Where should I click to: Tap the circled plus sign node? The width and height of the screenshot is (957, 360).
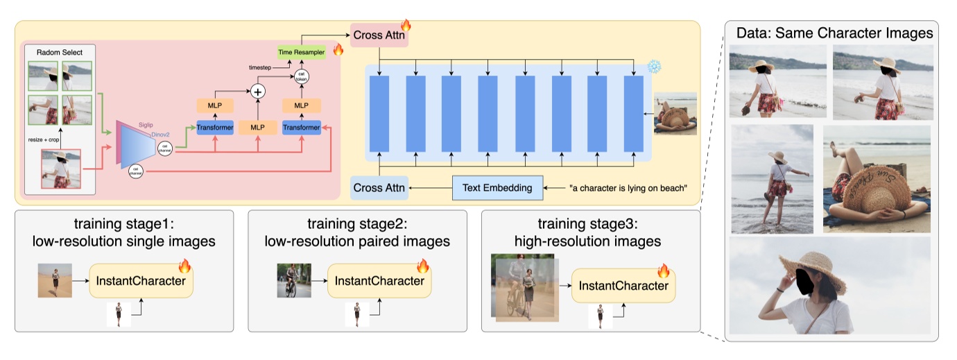click(258, 91)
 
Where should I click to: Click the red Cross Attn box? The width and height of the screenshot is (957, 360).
click(379, 35)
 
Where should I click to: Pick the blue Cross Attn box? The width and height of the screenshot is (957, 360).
click(379, 188)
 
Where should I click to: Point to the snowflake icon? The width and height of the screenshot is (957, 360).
click(654, 67)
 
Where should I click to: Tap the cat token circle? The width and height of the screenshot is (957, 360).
click(302, 76)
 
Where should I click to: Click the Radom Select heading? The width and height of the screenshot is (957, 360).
click(59, 52)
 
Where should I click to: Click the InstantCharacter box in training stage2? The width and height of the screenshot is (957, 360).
click(379, 281)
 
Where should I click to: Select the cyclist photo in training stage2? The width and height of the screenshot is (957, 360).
click(289, 280)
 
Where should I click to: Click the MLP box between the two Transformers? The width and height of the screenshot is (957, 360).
click(257, 128)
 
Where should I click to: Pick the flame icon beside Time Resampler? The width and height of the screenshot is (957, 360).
click(338, 50)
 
